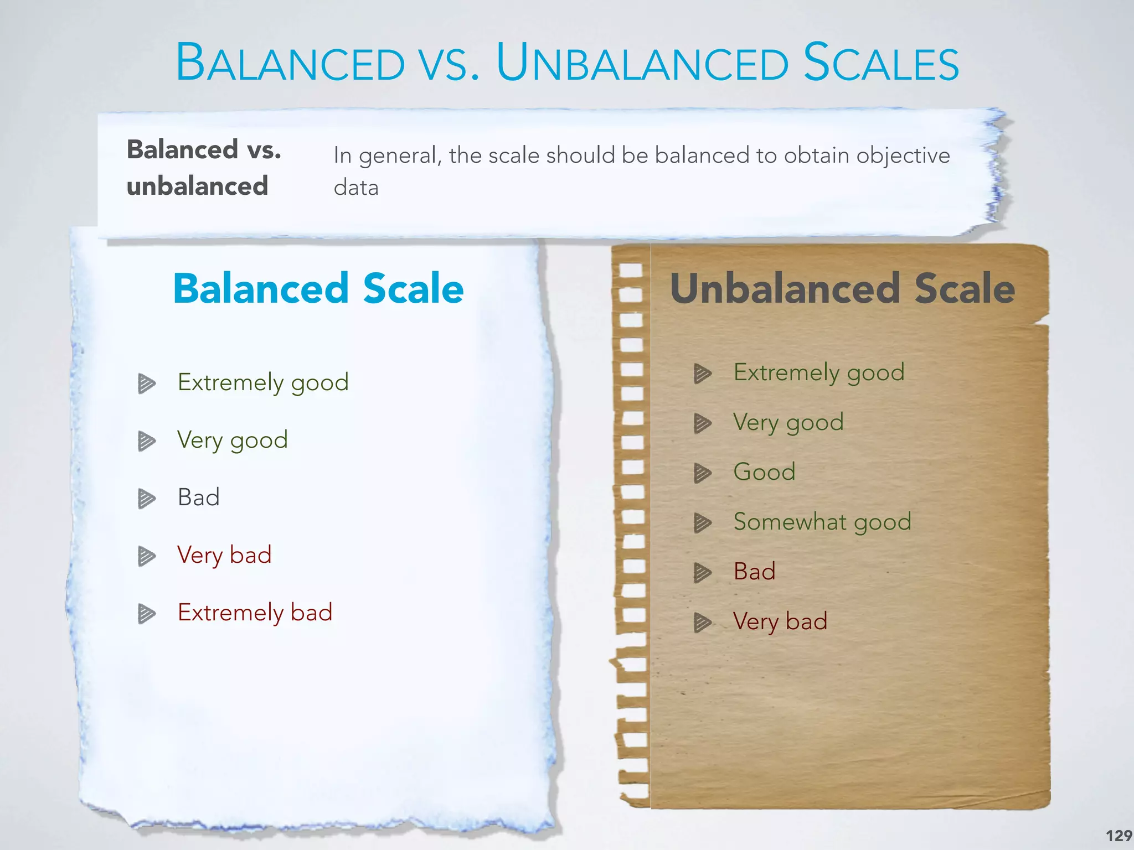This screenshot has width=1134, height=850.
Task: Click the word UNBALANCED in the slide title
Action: coord(642,63)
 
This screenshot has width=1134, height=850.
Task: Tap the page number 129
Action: coord(1118,835)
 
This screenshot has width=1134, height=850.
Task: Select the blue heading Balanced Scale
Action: coord(318,288)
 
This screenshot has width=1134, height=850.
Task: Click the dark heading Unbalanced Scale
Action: coord(842,288)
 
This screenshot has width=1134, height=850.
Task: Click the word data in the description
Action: coord(356,188)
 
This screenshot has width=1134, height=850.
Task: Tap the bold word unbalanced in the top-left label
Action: coord(197,186)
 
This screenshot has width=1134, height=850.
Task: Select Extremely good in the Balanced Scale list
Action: coord(263,382)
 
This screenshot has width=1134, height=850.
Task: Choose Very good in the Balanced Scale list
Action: coord(233,440)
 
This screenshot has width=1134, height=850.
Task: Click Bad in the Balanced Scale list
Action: coord(199,497)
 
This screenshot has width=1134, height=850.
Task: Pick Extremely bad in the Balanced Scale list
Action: coord(255,613)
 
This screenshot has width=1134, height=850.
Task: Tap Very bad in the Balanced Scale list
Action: coord(224,555)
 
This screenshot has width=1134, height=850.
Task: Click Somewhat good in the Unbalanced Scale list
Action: coord(822,522)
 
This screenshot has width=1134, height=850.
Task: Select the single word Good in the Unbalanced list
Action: coord(764,472)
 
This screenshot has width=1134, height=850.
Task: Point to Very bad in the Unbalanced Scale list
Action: coord(780,621)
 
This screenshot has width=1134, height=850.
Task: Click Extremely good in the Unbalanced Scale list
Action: coord(819,372)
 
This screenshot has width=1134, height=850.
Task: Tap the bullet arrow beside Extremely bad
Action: coord(146,614)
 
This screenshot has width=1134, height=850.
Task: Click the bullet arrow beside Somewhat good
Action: coord(702,522)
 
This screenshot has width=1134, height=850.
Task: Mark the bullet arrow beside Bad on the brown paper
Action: coord(702,573)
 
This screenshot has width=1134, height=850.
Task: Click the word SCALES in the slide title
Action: coord(880,63)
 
